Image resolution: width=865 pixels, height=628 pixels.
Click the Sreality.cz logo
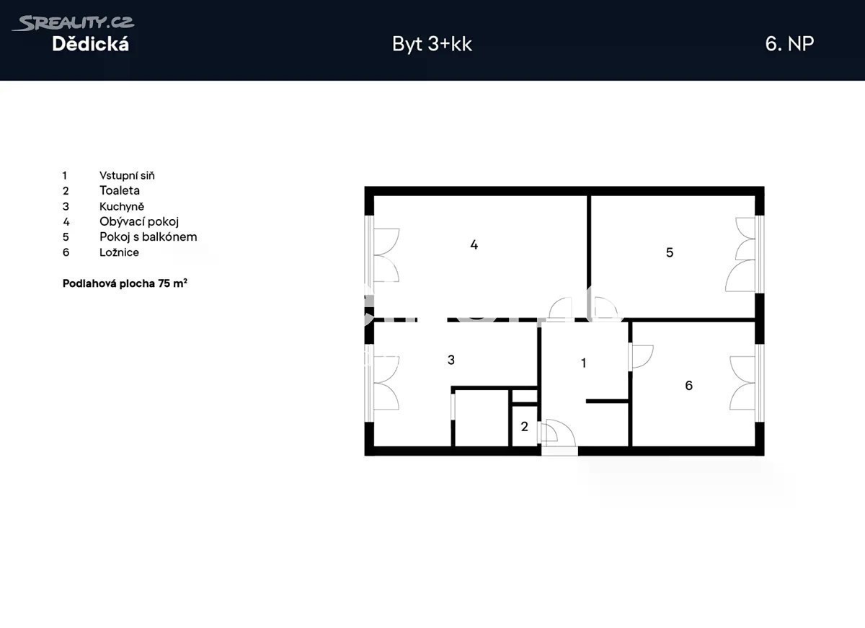pyautogui.click(x=74, y=23)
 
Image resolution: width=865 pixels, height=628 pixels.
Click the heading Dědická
pyautogui.click(x=90, y=44)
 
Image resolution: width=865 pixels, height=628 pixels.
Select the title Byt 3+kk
pyautogui.click(x=432, y=44)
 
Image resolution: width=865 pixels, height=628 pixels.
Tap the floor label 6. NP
pyautogui.click(x=789, y=44)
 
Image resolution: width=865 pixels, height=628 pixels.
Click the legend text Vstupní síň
pyautogui.click(x=127, y=175)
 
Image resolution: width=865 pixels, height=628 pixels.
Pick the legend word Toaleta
pyautogui.click(x=120, y=190)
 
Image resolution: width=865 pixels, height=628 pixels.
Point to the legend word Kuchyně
pyautogui.click(x=122, y=206)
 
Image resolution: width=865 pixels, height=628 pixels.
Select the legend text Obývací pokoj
pyautogui.click(x=139, y=221)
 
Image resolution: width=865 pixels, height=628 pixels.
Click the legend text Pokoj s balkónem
pyautogui.click(x=148, y=236)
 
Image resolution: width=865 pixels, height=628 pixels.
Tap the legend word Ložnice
pyautogui.click(x=120, y=252)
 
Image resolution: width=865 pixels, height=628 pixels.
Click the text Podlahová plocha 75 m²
pyautogui.click(x=125, y=283)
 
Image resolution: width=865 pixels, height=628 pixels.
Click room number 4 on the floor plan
pyautogui.click(x=474, y=244)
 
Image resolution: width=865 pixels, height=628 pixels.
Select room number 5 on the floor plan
pyautogui.click(x=670, y=252)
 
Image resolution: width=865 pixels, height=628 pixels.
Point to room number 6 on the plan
pyautogui.click(x=688, y=385)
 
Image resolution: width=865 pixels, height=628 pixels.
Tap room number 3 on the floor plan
pyautogui.click(x=451, y=360)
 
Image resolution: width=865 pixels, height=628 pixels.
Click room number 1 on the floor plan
pyautogui.click(x=583, y=363)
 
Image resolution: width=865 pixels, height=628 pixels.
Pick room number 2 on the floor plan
pyautogui.click(x=524, y=426)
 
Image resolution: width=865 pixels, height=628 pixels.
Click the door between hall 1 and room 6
pyautogui.click(x=641, y=356)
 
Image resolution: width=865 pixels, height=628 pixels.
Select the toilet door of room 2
pyautogui.click(x=549, y=433)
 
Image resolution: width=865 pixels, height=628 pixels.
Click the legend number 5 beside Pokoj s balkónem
pyautogui.click(x=66, y=236)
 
